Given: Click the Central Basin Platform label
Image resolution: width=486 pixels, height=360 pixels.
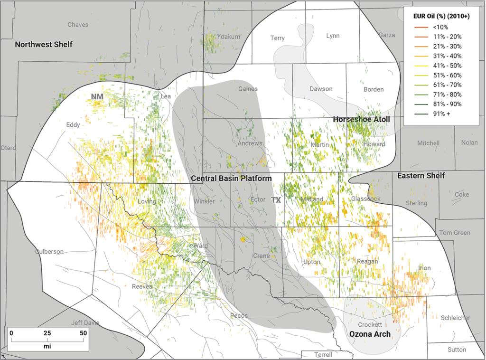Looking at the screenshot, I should [231, 179].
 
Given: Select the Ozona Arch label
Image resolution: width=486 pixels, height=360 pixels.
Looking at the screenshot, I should [370, 334].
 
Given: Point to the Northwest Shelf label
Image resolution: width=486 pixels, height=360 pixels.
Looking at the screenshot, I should [44, 45].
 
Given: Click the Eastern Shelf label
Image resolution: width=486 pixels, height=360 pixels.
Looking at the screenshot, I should [421, 176].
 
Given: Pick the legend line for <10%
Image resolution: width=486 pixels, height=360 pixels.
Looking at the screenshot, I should [416, 27].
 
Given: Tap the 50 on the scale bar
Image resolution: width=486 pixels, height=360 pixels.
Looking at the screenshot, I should [83, 333].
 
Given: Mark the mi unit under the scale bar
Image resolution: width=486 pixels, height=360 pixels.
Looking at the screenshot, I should [47, 346].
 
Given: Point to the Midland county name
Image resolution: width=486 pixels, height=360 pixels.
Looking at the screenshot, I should [311, 199].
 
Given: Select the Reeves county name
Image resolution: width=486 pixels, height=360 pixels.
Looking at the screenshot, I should [142, 286].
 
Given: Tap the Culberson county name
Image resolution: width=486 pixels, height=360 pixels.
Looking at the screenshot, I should [49, 252].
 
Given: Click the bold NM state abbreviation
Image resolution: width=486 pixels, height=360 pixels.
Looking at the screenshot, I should [97, 96].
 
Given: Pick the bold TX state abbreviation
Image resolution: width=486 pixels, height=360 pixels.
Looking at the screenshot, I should [276, 200].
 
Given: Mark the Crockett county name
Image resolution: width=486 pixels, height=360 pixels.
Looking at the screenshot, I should [370, 324].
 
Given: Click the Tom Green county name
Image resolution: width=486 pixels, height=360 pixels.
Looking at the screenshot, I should [454, 233].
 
